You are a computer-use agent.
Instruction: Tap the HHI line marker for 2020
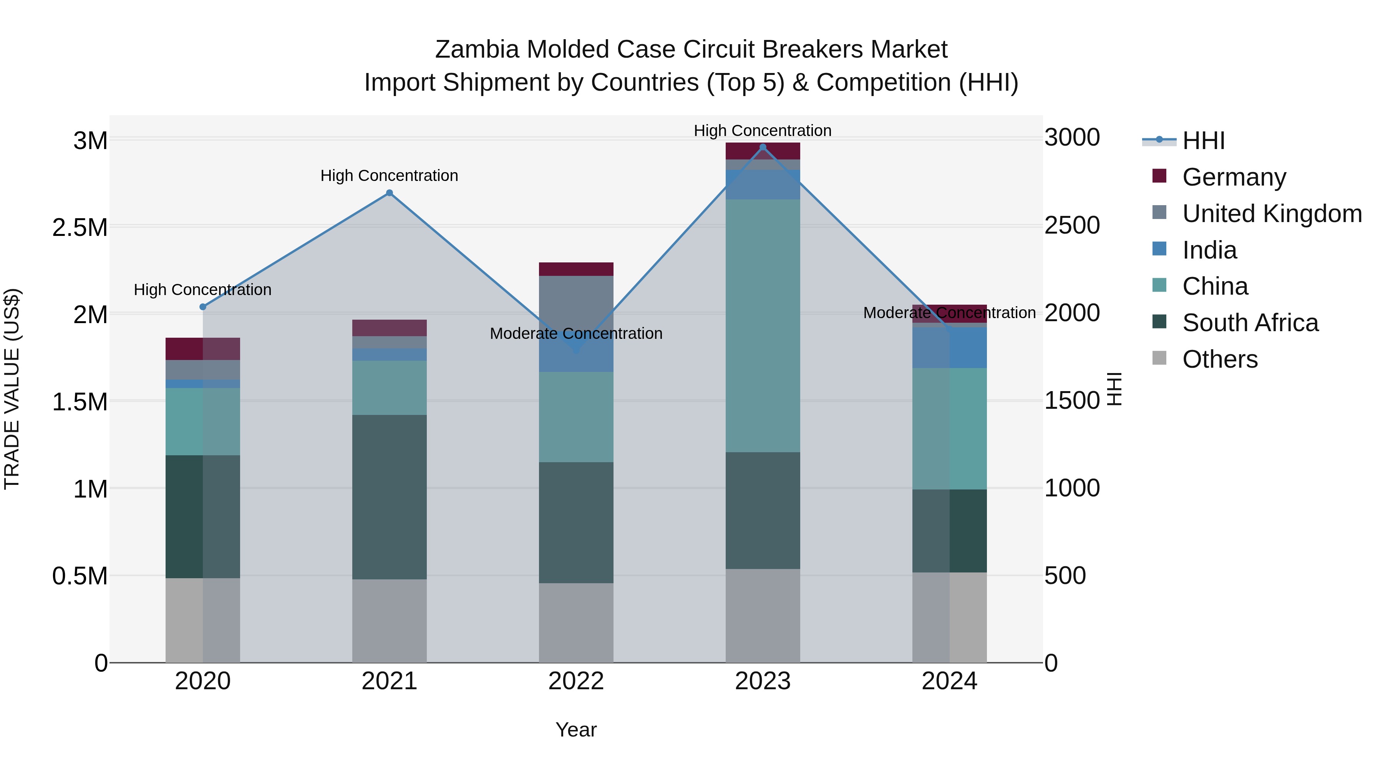click(x=203, y=307)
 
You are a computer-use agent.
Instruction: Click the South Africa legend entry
click(x=1250, y=323)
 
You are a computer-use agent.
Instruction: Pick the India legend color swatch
click(x=1160, y=249)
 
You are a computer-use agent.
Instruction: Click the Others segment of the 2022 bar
click(x=576, y=623)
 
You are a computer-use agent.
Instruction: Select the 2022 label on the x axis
click(x=576, y=681)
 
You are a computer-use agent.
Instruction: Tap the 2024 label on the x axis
click(x=949, y=681)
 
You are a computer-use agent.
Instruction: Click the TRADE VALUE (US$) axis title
click(x=12, y=389)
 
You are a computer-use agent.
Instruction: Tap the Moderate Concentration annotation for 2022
click(x=576, y=333)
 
